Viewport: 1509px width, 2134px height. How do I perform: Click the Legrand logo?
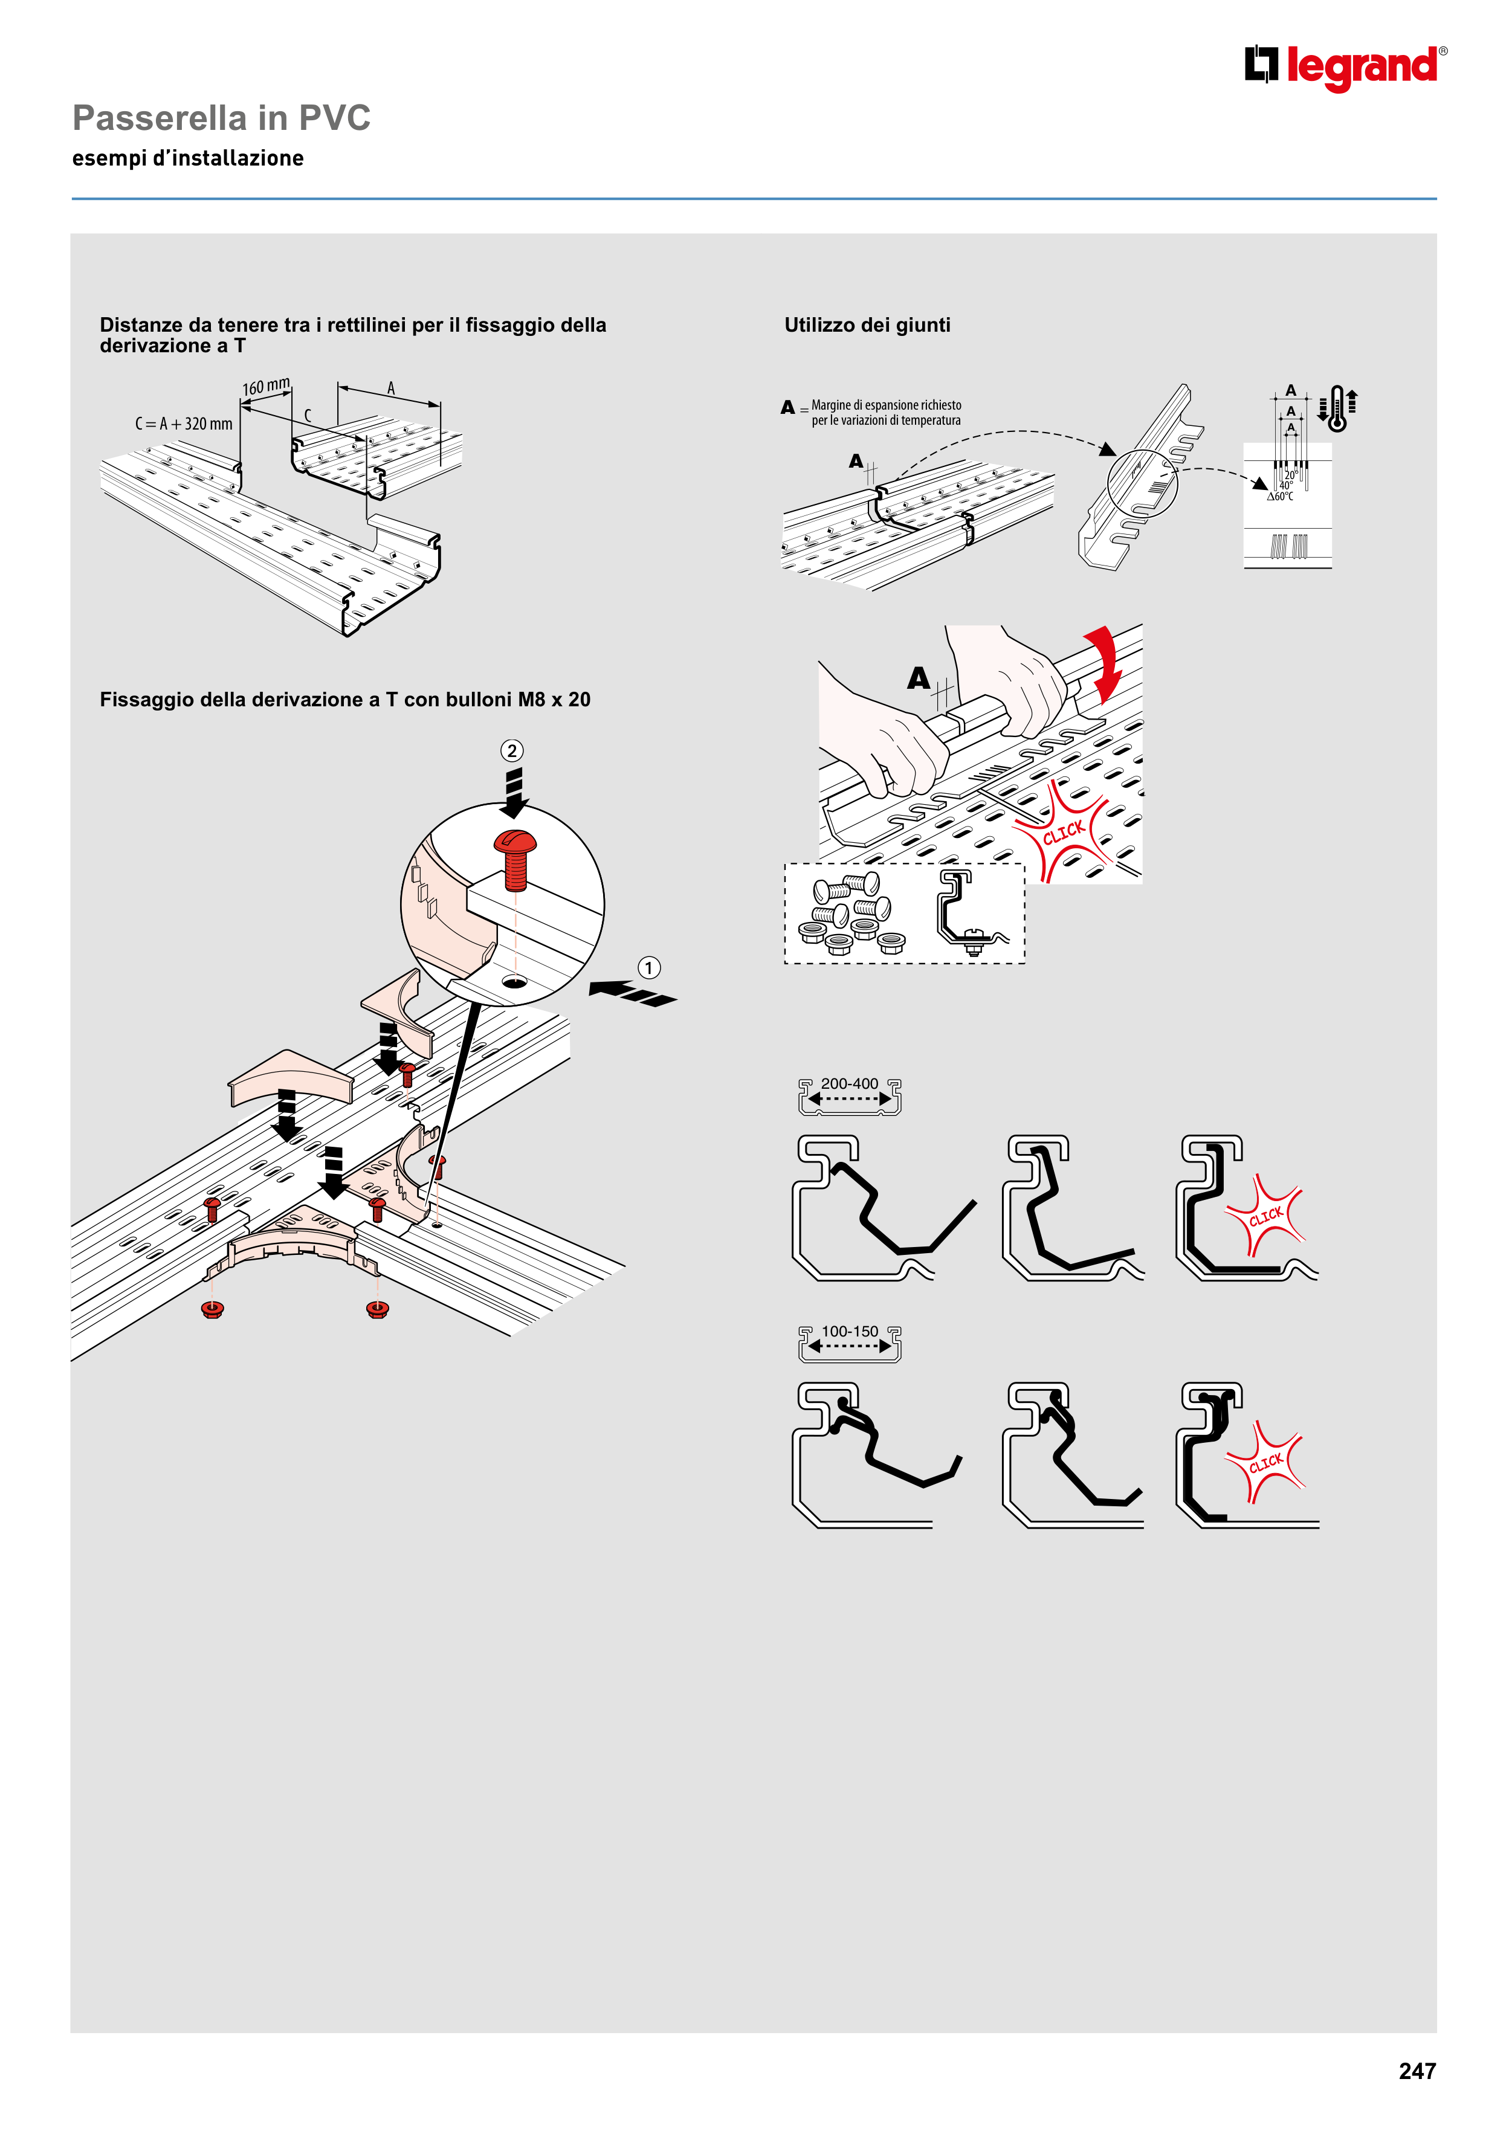pos(1345,67)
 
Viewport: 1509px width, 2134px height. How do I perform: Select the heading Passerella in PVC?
pos(221,118)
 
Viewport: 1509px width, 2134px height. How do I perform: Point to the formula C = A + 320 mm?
pos(184,424)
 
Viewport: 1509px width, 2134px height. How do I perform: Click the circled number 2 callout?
pos(511,750)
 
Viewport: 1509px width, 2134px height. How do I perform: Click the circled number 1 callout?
pos(649,967)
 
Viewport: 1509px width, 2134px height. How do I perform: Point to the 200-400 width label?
pos(849,1084)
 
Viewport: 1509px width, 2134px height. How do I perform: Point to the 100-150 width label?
pos(849,1331)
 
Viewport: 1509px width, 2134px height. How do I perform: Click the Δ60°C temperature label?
pos(1281,496)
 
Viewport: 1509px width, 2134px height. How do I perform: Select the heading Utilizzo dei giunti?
pos(867,325)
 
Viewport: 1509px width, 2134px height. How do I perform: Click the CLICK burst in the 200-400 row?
pos(1265,1216)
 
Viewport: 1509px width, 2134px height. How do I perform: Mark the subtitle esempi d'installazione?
pos(188,159)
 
